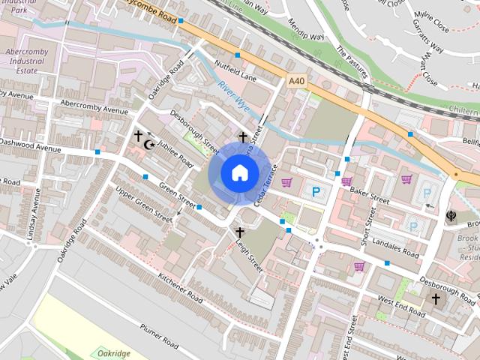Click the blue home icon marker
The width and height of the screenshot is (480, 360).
click(x=239, y=172)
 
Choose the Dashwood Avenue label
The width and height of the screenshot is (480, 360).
click(x=30, y=145)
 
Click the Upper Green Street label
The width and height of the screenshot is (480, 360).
click(x=143, y=203)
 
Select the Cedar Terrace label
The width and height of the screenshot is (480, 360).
click(x=266, y=184)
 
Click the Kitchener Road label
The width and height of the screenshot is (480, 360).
click(x=181, y=286)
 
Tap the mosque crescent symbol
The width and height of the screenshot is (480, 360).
click(x=148, y=143)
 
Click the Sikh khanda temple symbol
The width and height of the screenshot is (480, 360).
click(x=452, y=216)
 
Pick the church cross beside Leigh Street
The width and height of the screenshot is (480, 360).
click(x=240, y=232)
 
